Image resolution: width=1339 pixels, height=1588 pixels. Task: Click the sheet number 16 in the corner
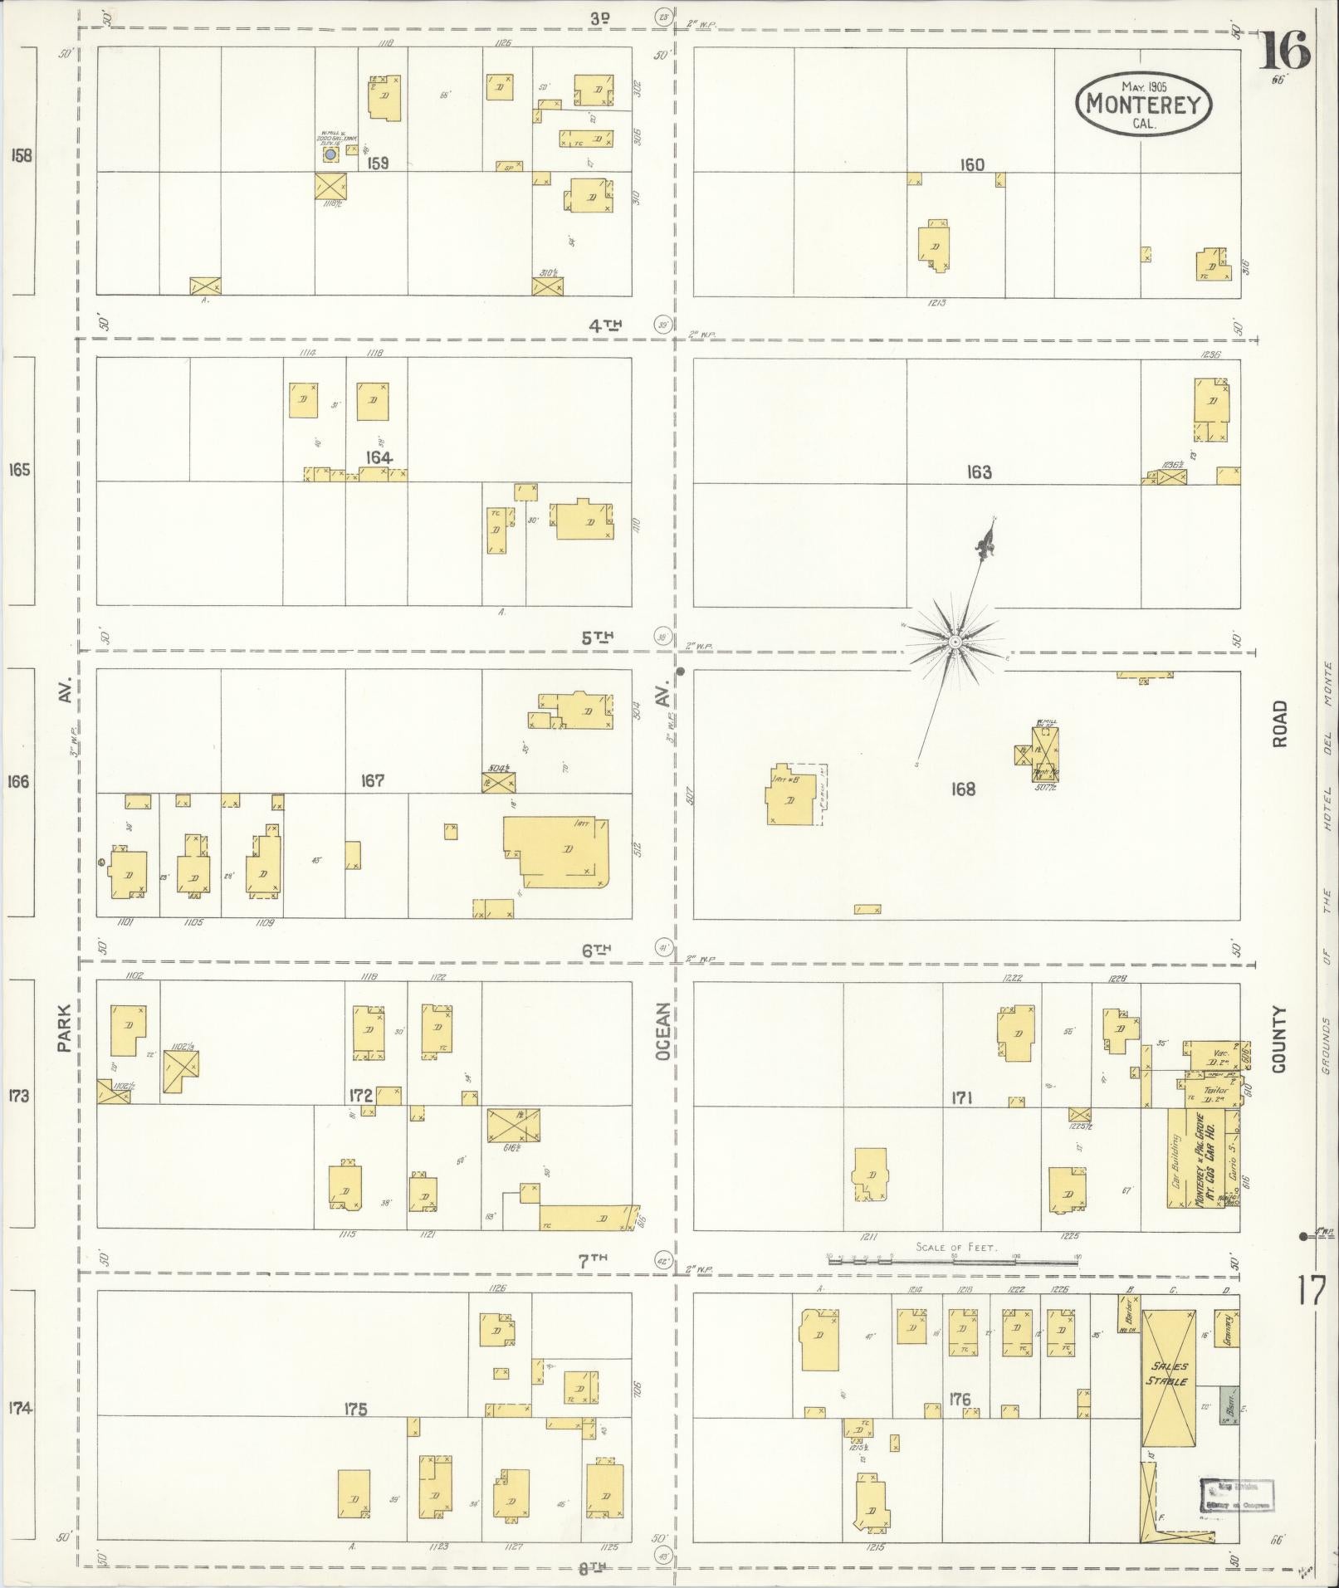(x=1285, y=51)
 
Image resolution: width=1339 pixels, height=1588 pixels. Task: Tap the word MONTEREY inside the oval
(x=1143, y=105)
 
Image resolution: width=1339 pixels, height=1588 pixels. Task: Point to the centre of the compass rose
(x=955, y=642)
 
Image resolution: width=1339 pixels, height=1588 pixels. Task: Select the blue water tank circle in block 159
(x=330, y=154)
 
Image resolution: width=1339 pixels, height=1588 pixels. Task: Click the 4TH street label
(x=605, y=326)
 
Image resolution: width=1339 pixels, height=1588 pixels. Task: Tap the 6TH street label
(x=596, y=951)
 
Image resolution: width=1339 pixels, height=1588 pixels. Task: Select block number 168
(x=963, y=789)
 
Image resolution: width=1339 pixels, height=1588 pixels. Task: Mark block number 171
(x=961, y=1098)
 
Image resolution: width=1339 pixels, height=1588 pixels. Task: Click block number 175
(x=356, y=1410)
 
